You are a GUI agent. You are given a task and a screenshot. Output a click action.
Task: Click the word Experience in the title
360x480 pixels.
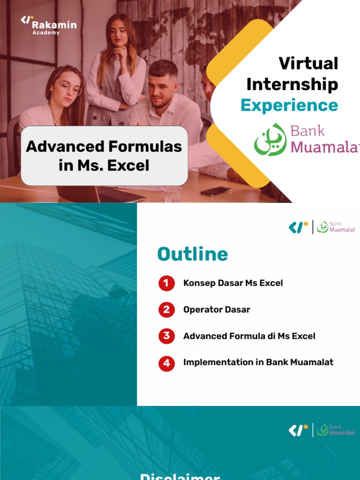pos(289,105)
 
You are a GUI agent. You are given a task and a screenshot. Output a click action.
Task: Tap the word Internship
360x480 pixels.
pos(292,84)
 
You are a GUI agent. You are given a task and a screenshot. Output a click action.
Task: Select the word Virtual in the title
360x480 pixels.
pos(308,63)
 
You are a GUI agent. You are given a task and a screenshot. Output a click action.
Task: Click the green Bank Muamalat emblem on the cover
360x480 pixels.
pos(270,140)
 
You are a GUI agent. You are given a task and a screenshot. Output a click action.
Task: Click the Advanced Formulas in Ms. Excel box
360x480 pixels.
pos(104,156)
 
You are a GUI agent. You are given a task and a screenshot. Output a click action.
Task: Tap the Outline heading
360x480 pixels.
pos(193,254)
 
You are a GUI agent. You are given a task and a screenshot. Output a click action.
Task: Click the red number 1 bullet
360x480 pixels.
pos(166,283)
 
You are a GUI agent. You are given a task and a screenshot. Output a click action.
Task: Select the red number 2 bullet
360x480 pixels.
pos(166,310)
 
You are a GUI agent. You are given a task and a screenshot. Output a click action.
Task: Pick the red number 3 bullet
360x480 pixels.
pos(166,336)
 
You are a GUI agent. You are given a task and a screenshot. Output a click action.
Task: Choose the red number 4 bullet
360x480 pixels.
pos(166,363)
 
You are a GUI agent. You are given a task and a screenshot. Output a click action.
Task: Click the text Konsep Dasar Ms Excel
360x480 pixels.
pos(233,283)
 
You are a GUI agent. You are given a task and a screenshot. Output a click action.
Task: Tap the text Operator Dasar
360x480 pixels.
pos(217,310)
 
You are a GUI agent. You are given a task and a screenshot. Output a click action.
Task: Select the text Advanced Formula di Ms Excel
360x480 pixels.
pos(249,336)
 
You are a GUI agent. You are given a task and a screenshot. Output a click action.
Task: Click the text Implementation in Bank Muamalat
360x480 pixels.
pos(258,362)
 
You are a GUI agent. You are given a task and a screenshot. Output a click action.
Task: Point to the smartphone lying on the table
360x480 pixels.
pos(216,191)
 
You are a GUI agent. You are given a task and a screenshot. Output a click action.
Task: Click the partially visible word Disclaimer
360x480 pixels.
pos(180,476)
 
